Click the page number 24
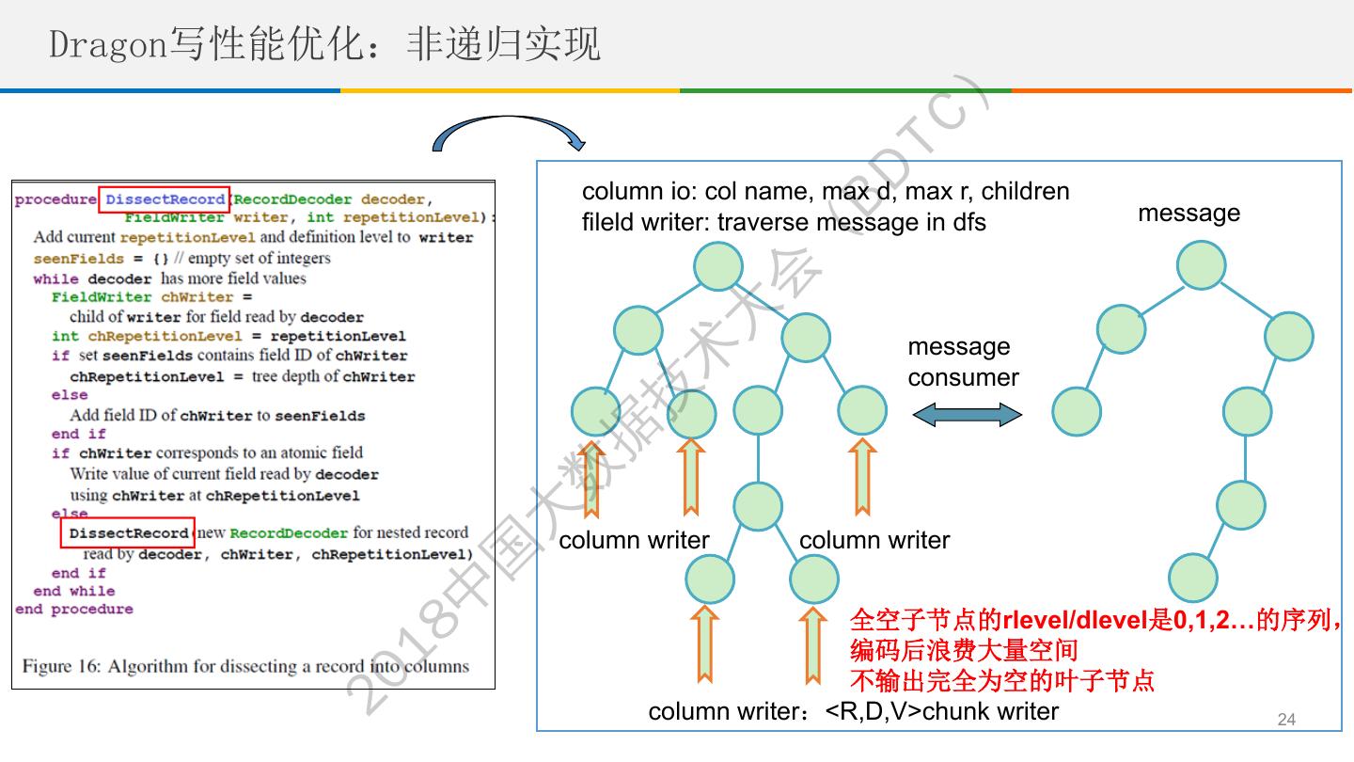[x=1286, y=720]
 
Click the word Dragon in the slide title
[x=108, y=44]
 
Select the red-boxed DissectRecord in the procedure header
[x=165, y=199]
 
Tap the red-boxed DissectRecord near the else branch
[x=129, y=533]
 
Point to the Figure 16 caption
[x=245, y=666]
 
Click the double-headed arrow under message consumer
[x=967, y=413]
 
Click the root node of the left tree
[x=718, y=265]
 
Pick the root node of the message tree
[x=1200, y=265]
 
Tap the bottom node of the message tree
[x=1193, y=578]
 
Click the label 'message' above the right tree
[x=1189, y=213]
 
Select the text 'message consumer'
[x=963, y=362]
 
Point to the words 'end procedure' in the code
[x=74, y=610]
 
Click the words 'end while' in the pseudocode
[x=74, y=591]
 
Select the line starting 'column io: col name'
[x=826, y=191]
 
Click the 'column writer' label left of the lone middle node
[x=634, y=540]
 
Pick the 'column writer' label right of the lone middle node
[x=874, y=540]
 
